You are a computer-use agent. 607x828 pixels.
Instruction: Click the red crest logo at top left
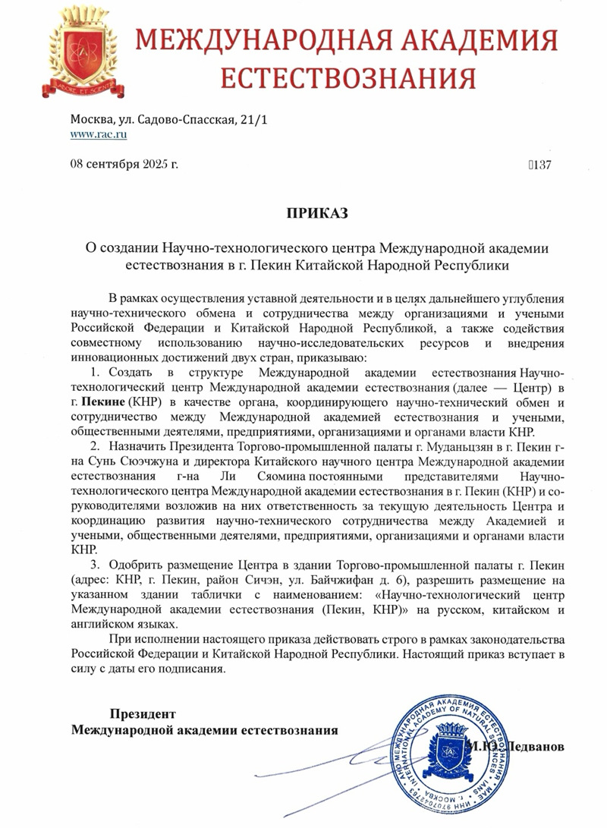[82, 55]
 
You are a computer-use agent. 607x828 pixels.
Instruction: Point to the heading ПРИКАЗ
[316, 213]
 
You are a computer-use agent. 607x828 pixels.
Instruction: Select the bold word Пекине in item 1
[102, 401]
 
